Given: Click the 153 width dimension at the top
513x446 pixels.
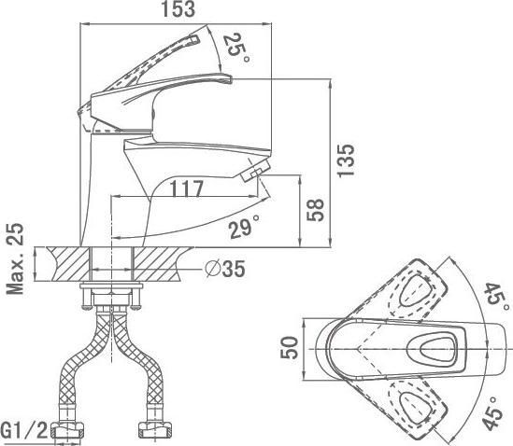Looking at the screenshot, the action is (x=178, y=9).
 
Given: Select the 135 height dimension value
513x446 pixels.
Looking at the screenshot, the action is (x=346, y=160).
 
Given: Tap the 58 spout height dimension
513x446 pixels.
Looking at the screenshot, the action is (x=316, y=210).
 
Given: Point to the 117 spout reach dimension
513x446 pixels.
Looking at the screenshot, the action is (x=187, y=188).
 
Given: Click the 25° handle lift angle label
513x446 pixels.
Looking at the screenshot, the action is (x=237, y=49).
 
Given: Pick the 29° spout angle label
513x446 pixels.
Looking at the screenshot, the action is (x=245, y=227).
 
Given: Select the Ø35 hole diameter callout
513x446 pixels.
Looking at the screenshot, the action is (x=225, y=269).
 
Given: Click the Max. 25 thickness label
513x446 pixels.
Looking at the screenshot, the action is (x=15, y=258).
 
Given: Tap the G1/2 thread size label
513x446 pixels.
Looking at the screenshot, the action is (x=25, y=431).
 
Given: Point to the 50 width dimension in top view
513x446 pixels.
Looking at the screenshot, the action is (x=290, y=348).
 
